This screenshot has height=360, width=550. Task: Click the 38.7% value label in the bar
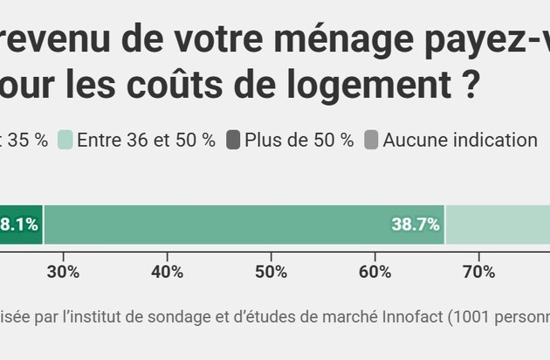coord(415,225)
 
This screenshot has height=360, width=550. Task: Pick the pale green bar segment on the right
coord(498,225)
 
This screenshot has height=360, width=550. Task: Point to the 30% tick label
coord(64,272)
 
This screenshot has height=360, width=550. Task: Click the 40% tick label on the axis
coord(168,272)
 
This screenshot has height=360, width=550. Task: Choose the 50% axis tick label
coord(272,272)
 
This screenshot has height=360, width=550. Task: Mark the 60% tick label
coord(375,272)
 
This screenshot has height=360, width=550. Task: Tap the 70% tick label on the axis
coord(479,272)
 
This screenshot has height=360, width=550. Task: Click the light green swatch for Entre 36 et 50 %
coord(65,140)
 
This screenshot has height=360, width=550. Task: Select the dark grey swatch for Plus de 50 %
coord(233,140)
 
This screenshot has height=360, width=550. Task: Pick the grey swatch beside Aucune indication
coord(371,140)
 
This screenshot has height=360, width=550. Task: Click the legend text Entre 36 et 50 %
coord(146,140)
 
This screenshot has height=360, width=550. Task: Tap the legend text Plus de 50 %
coord(299,140)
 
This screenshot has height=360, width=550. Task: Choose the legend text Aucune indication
coord(460,140)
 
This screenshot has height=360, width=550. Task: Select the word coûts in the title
coord(198,89)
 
